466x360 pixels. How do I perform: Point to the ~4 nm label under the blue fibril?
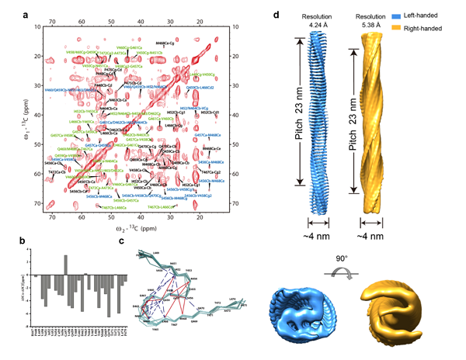pyautogui.click(x=319, y=233)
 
